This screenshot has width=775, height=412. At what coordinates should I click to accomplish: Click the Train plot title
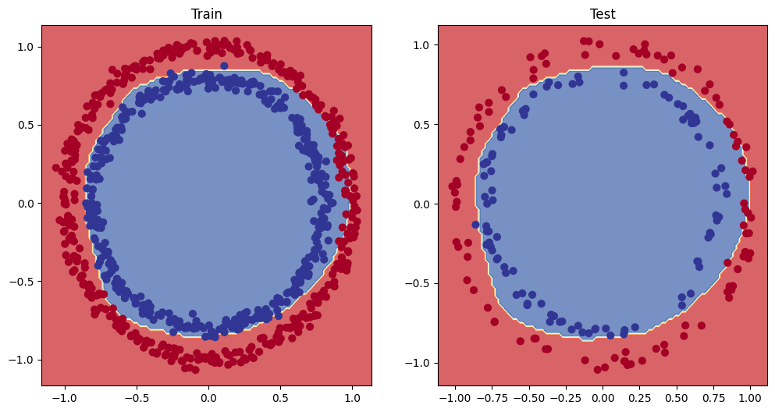pyautogui.click(x=206, y=13)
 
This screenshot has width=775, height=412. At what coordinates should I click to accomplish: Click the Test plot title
pyautogui.click(x=603, y=13)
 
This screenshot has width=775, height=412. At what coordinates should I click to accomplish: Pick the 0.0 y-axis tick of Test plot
pyautogui.click(x=421, y=204)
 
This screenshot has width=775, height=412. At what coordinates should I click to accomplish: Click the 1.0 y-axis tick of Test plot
pyautogui.click(x=421, y=46)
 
